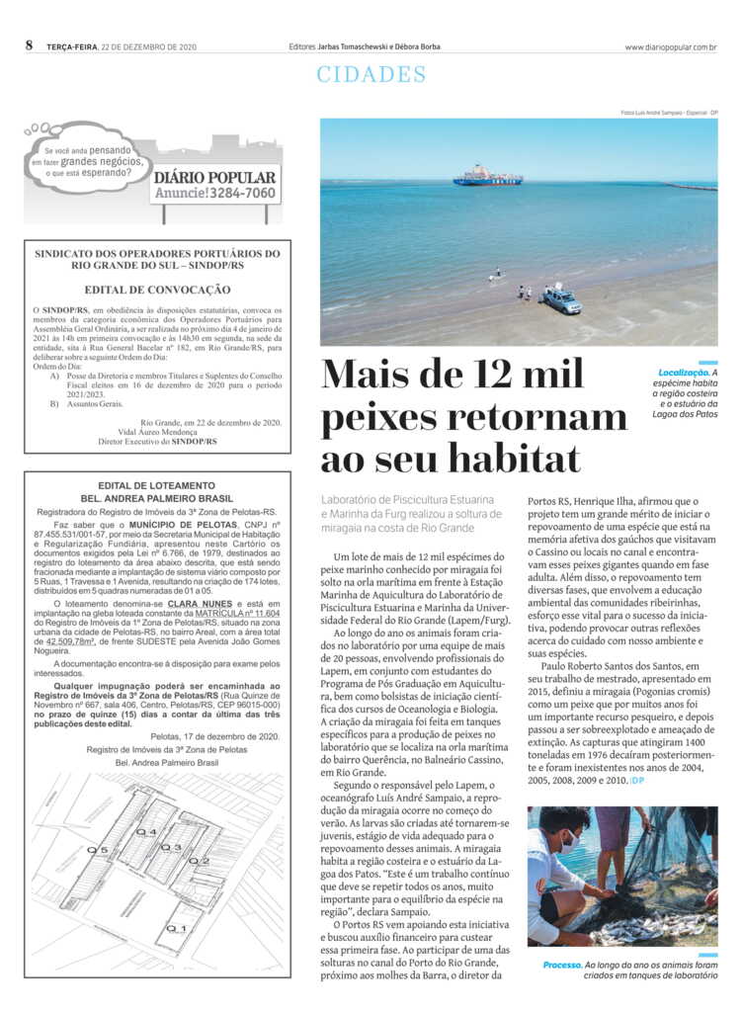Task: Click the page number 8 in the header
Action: click(30, 45)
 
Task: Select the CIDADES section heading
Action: click(371, 75)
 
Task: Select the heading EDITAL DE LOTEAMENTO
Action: click(157, 485)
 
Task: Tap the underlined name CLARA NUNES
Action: click(201, 602)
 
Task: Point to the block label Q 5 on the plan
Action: click(97, 849)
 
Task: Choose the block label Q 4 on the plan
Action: click(146, 832)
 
